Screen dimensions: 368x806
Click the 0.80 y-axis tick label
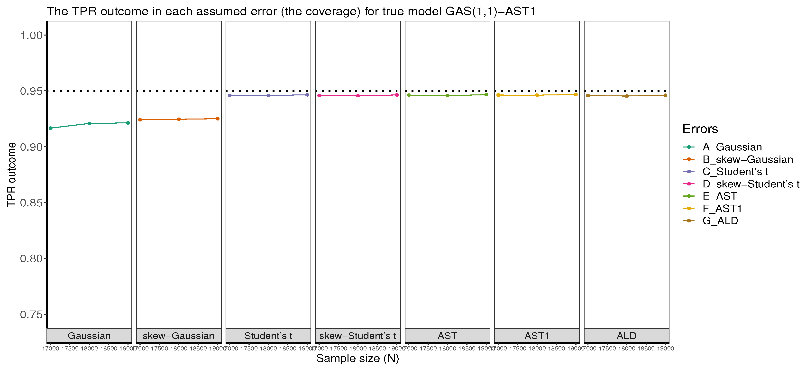pyautogui.click(x=31, y=258)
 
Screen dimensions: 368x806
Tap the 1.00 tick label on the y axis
pyautogui.click(x=31, y=35)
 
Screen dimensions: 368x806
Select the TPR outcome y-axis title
pyautogui.click(x=11, y=174)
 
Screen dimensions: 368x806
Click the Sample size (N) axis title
pyautogui.click(x=357, y=358)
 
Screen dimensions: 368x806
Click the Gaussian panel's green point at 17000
pyautogui.click(x=51, y=128)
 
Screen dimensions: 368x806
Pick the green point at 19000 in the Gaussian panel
pyautogui.click(x=128, y=123)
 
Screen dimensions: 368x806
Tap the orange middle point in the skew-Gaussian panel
pyautogui.click(x=179, y=119)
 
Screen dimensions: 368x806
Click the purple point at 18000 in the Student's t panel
pyautogui.click(x=268, y=95)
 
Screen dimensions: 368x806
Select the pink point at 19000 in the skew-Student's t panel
pyautogui.click(x=396, y=95)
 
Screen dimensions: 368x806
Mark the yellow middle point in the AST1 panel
pyautogui.click(x=537, y=95)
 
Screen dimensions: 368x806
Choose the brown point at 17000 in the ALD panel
pyautogui.click(x=588, y=96)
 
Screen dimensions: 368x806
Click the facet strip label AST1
pyautogui.click(x=537, y=336)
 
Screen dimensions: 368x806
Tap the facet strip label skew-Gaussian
pyautogui.click(x=179, y=336)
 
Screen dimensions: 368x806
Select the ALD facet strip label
pyautogui.click(x=626, y=336)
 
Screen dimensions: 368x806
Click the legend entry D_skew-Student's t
pyautogui.click(x=751, y=184)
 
